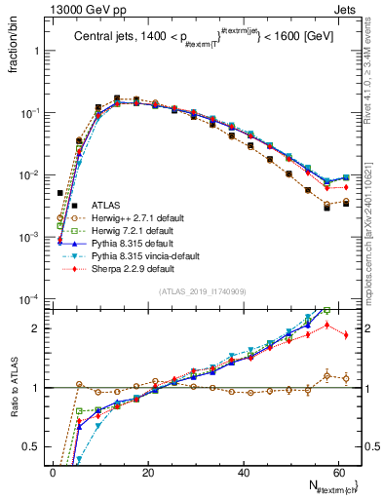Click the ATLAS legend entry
click(x=107, y=205)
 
